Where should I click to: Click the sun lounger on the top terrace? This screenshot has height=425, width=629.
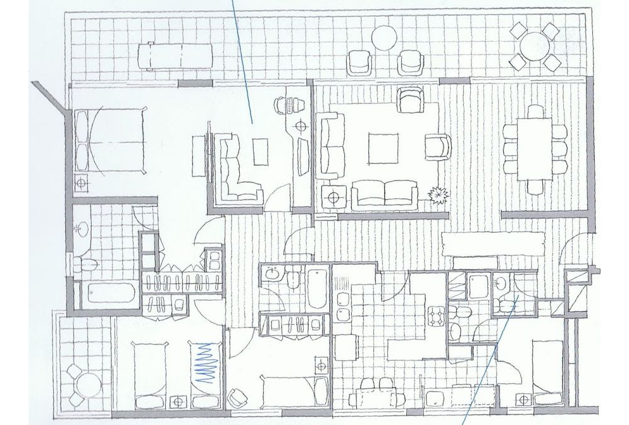pos(175,55)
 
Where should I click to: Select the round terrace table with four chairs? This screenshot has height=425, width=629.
pos(535,46)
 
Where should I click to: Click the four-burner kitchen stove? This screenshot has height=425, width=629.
pos(437,315)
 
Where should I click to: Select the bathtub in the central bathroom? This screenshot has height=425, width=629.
pos(317,288)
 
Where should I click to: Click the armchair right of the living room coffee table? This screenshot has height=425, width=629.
pos(437,146)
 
